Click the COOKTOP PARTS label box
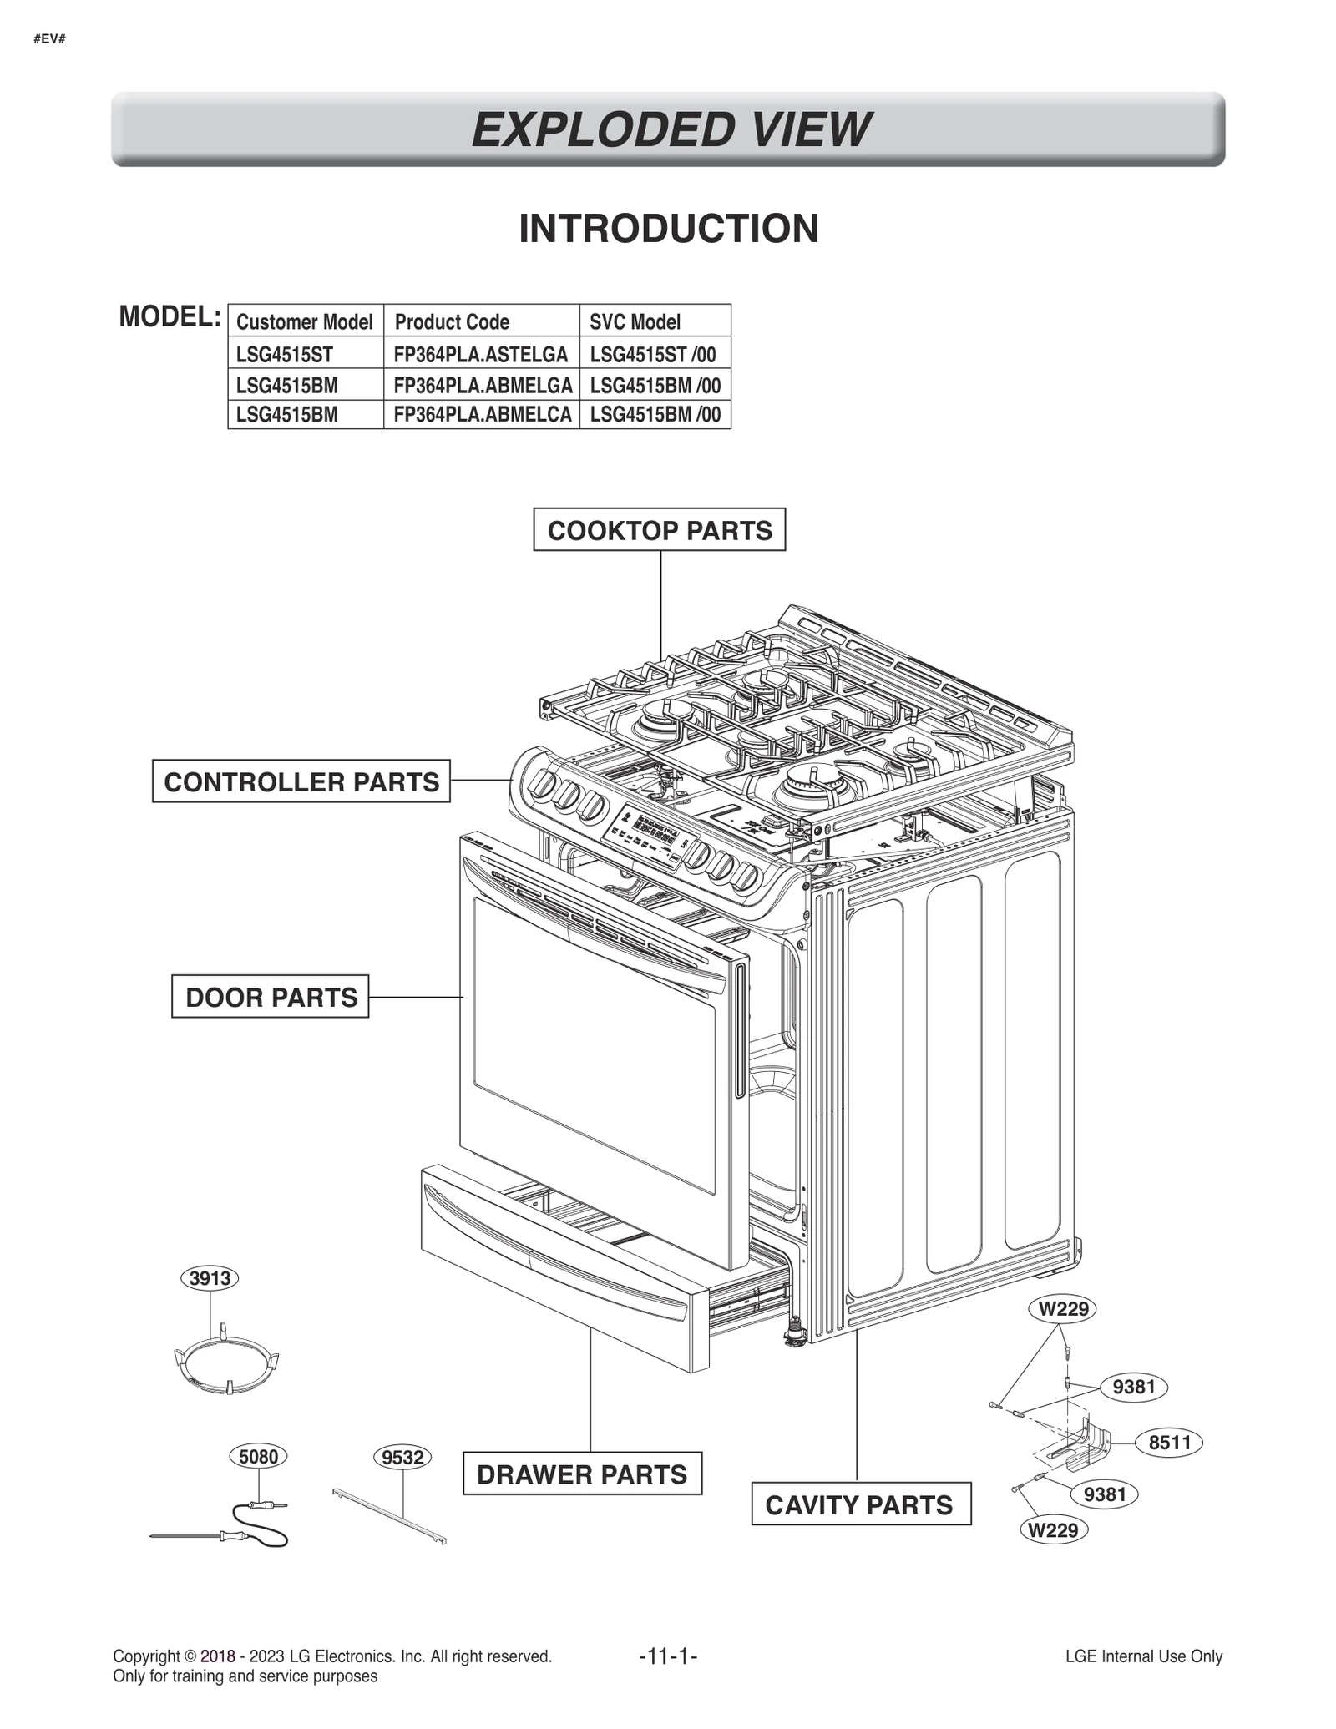(x=659, y=529)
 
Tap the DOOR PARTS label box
(x=270, y=996)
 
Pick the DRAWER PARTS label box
(x=582, y=1474)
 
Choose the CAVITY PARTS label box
(x=860, y=1504)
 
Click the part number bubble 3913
(x=210, y=1277)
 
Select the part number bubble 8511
(x=1168, y=1443)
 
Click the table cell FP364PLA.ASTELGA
(x=481, y=354)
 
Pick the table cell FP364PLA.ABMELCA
(x=482, y=414)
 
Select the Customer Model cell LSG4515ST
(x=285, y=354)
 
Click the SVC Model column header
(x=635, y=321)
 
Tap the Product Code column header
(x=452, y=321)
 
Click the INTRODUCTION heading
(x=668, y=228)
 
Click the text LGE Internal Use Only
(x=1143, y=1656)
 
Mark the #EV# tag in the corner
(x=50, y=39)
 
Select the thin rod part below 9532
(x=389, y=1515)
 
